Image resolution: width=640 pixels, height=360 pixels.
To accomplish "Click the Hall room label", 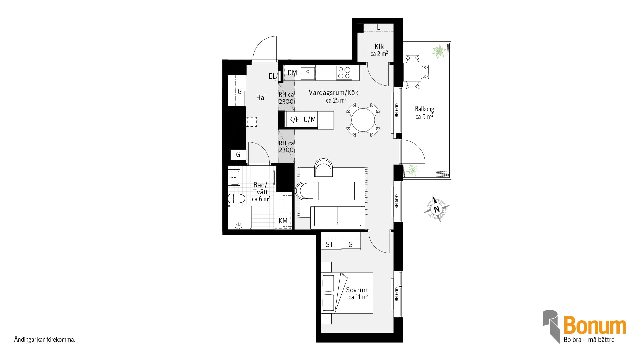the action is coord(262,98).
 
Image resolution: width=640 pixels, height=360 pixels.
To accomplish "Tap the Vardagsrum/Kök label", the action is coord(333,93).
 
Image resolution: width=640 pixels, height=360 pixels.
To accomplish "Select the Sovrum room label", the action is coord(357,290).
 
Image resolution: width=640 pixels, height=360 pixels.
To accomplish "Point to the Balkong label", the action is coord(424,109).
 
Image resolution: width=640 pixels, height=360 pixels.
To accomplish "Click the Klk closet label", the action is coord(379,47).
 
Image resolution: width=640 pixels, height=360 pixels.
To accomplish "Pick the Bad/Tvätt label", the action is coord(260,188).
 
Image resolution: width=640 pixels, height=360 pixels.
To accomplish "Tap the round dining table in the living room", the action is coord(363,120).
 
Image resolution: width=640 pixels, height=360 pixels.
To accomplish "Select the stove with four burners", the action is coord(344,73).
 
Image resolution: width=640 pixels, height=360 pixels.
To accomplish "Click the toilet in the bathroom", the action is coord(236,199).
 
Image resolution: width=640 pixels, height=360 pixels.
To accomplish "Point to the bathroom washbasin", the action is coord(234,177).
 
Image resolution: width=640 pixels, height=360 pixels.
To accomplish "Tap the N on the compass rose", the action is coord(436,209).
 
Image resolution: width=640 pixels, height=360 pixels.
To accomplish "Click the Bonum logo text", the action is coord(595,326).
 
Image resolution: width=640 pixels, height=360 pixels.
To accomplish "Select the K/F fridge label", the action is coord(294,120).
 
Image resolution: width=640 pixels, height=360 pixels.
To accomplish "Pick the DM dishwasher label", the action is coord(292,73).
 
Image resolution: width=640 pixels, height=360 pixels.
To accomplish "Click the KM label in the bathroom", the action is coord(283,221).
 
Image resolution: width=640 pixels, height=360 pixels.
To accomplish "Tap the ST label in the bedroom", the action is coord(329,245).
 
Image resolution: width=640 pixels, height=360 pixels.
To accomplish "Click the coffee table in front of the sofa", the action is coord(336,191).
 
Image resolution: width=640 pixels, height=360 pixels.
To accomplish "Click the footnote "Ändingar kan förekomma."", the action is coord(45,340).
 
